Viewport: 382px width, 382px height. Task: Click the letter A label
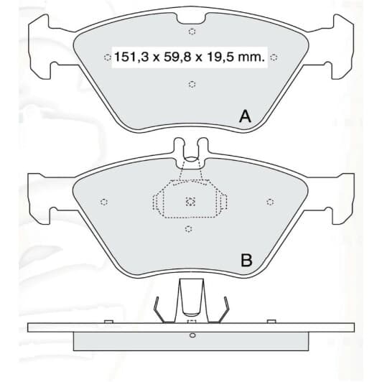point(245,116)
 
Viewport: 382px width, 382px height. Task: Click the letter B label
point(246,261)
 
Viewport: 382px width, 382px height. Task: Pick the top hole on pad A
point(192,32)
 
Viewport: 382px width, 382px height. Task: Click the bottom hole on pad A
point(192,85)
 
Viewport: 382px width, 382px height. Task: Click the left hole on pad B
point(104,202)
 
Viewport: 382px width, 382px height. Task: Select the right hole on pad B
point(271,202)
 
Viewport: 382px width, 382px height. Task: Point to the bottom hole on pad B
point(188,229)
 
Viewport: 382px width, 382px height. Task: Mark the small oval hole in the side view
point(192,335)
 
